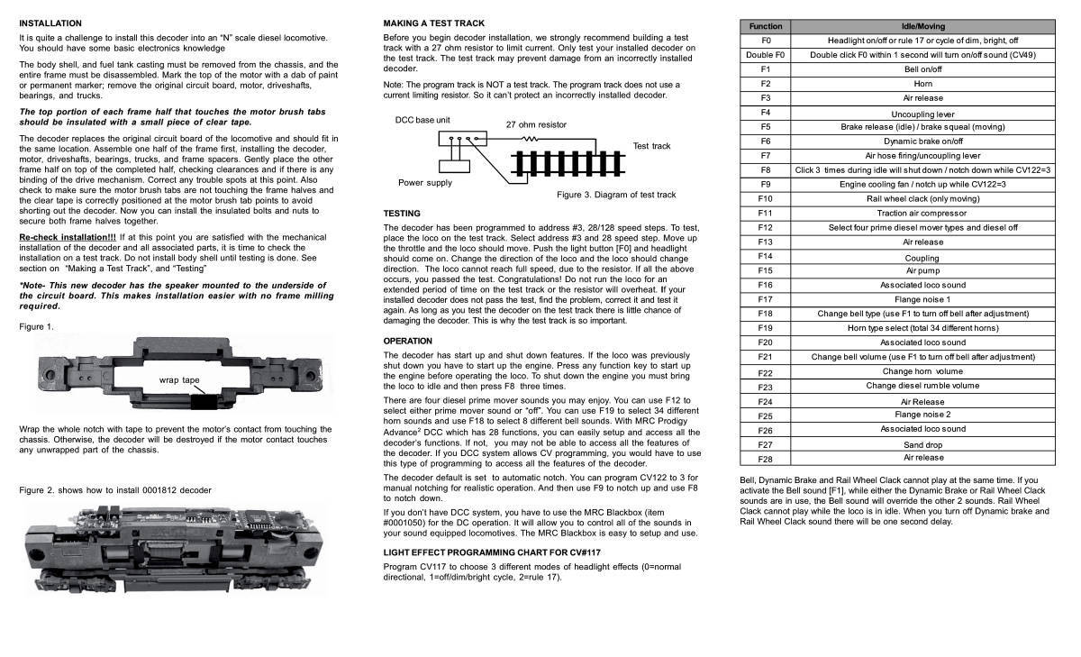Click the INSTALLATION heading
pyautogui.click(x=50, y=23)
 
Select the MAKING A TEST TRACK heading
pyautogui.click(x=433, y=23)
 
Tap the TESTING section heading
pyautogui.click(x=402, y=214)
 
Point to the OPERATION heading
pyautogui.click(x=408, y=342)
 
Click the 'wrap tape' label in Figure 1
pyautogui.click(x=179, y=380)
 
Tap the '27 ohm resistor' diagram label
pyautogui.click(x=537, y=125)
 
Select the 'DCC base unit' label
pyautogui.click(x=422, y=120)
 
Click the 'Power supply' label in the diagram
pyautogui.click(x=425, y=183)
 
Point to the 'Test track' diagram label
pyautogui.click(x=651, y=146)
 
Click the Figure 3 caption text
pyautogui.click(x=616, y=195)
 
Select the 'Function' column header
pyautogui.click(x=766, y=26)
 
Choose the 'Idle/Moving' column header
pyautogui.click(x=922, y=26)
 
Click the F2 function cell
pyautogui.click(x=766, y=84)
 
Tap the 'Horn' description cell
pyautogui.click(x=922, y=84)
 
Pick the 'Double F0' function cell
pyautogui.click(x=766, y=55)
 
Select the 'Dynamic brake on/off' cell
pyautogui.click(x=922, y=141)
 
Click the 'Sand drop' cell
pyautogui.click(x=922, y=444)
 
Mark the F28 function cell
pyautogui.click(x=766, y=459)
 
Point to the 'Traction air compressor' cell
pyautogui.click(x=922, y=214)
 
